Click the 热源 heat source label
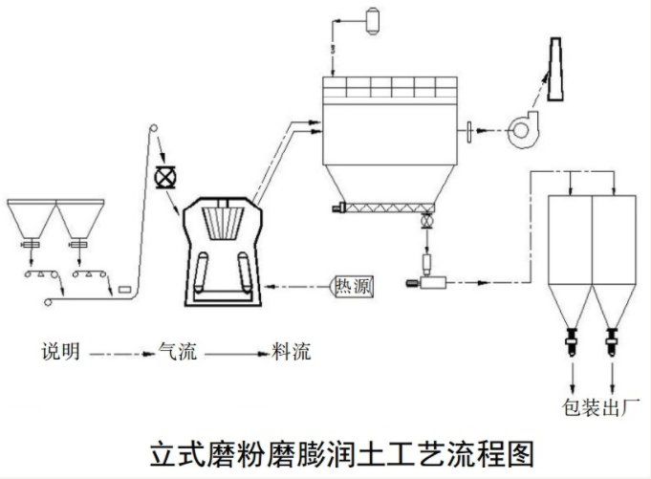pos(352,286)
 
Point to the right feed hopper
pos(81,221)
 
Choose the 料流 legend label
pos(290,352)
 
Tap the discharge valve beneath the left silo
pos(572,337)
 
